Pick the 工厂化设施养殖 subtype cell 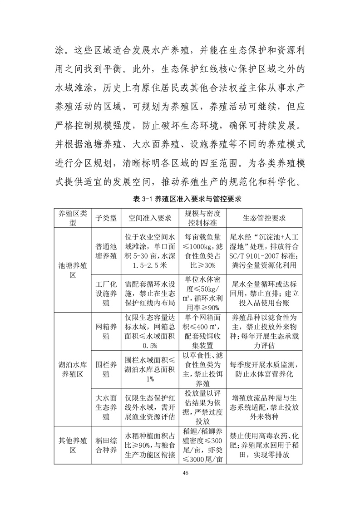click(x=106, y=294)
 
